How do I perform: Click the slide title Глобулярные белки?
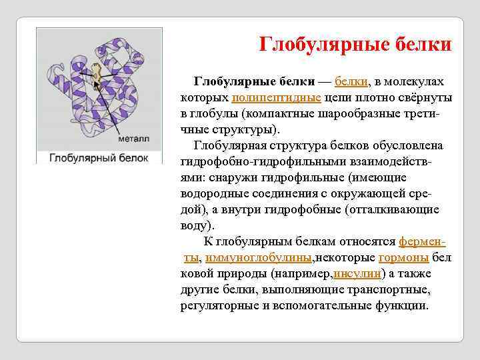[x=355, y=45]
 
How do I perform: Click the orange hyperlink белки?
[x=351, y=81]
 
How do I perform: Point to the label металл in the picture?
[x=134, y=139]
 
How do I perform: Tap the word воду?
[x=194, y=225]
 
